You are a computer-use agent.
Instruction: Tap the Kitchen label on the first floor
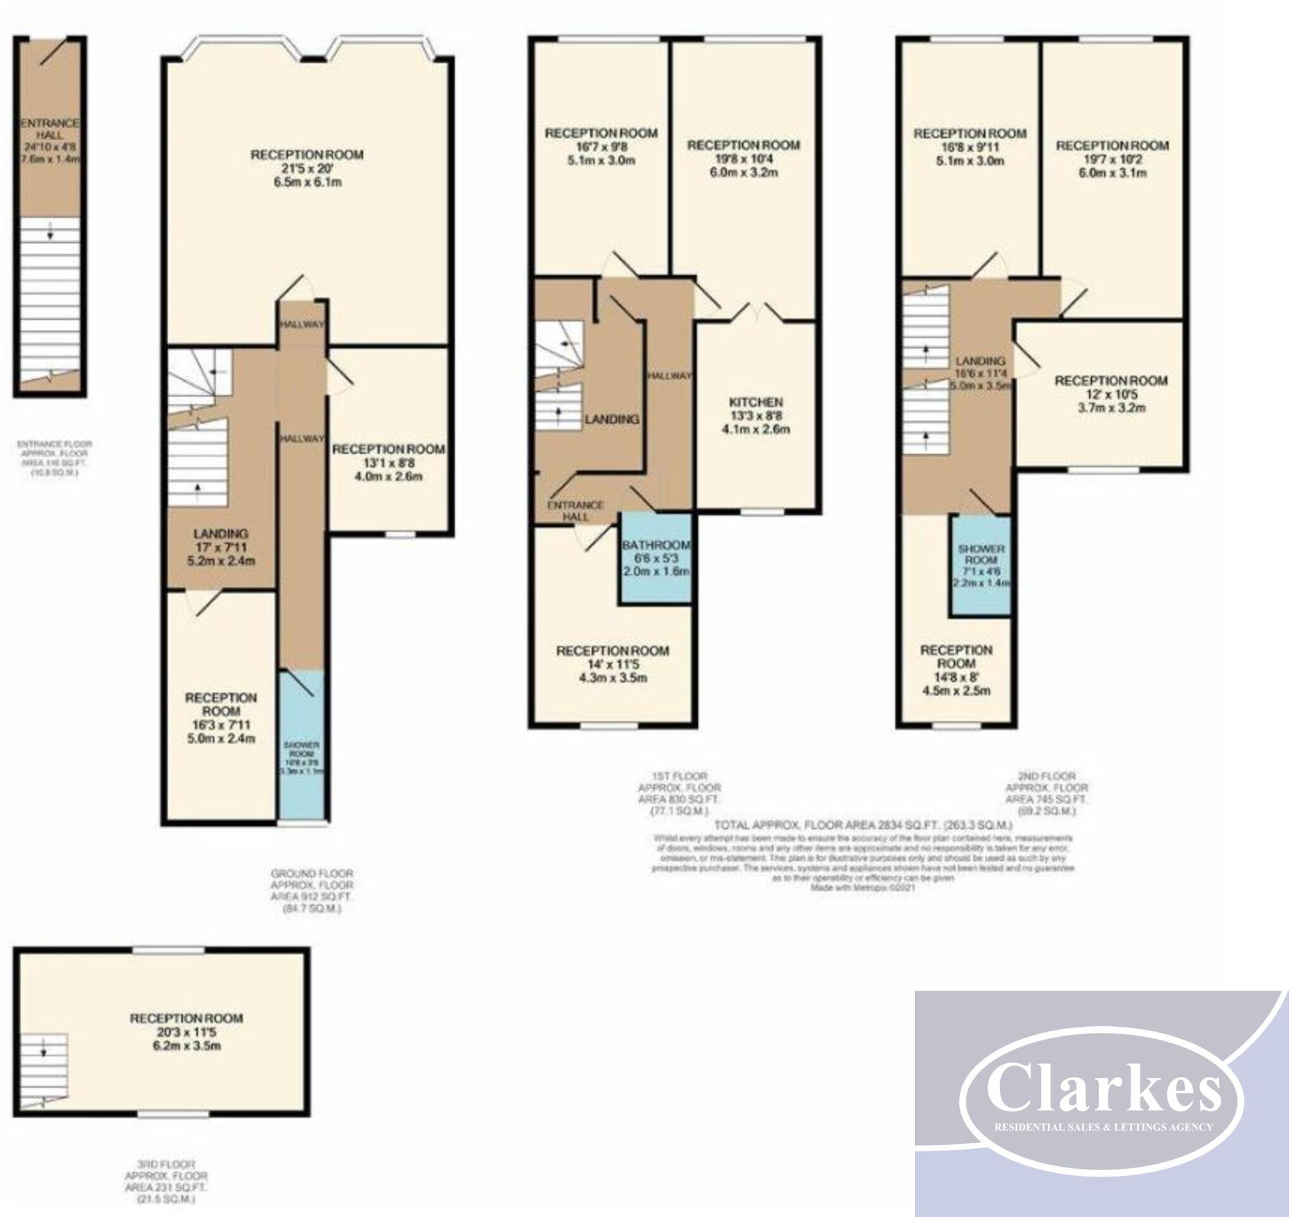point(756,403)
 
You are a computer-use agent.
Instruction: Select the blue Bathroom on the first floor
point(656,558)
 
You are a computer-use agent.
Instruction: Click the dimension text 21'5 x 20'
point(307,169)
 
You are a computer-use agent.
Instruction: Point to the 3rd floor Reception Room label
point(186,1019)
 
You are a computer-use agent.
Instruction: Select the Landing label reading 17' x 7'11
point(221,548)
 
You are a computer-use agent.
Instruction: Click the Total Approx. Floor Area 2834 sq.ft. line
point(863,826)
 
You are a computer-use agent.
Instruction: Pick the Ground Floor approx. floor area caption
point(311,891)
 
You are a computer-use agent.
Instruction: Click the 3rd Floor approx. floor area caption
point(166,1182)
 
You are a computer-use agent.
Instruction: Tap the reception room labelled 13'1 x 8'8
point(388,462)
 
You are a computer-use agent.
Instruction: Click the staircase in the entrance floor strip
point(49,299)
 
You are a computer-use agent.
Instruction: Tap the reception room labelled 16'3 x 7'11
point(221,718)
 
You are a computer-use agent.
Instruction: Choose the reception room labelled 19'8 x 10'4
point(743,158)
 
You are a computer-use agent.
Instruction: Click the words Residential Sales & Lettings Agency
point(1103,1127)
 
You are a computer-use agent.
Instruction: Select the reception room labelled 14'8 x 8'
point(955,669)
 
